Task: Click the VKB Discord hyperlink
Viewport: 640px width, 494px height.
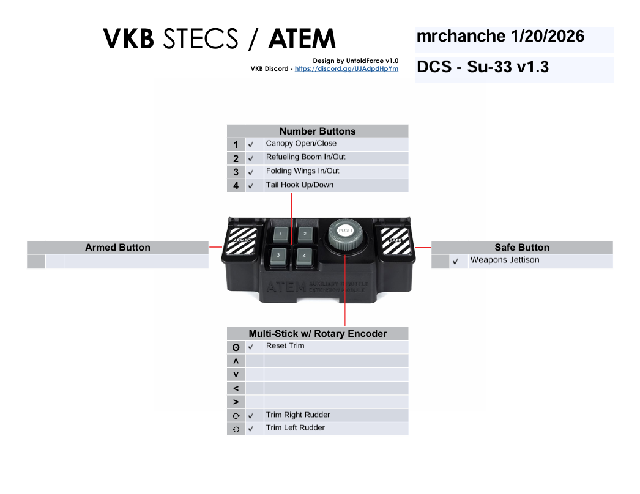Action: click(x=346, y=69)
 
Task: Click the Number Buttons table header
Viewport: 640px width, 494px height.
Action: click(x=317, y=131)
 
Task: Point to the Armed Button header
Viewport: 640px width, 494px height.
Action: click(x=117, y=248)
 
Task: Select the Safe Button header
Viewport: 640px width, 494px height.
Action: click(x=521, y=248)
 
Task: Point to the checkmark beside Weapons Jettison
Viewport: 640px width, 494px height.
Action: click(x=455, y=262)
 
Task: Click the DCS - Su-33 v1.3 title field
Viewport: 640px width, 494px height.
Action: click(x=513, y=68)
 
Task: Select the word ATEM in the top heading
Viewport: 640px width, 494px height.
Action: click(x=302, y=40)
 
